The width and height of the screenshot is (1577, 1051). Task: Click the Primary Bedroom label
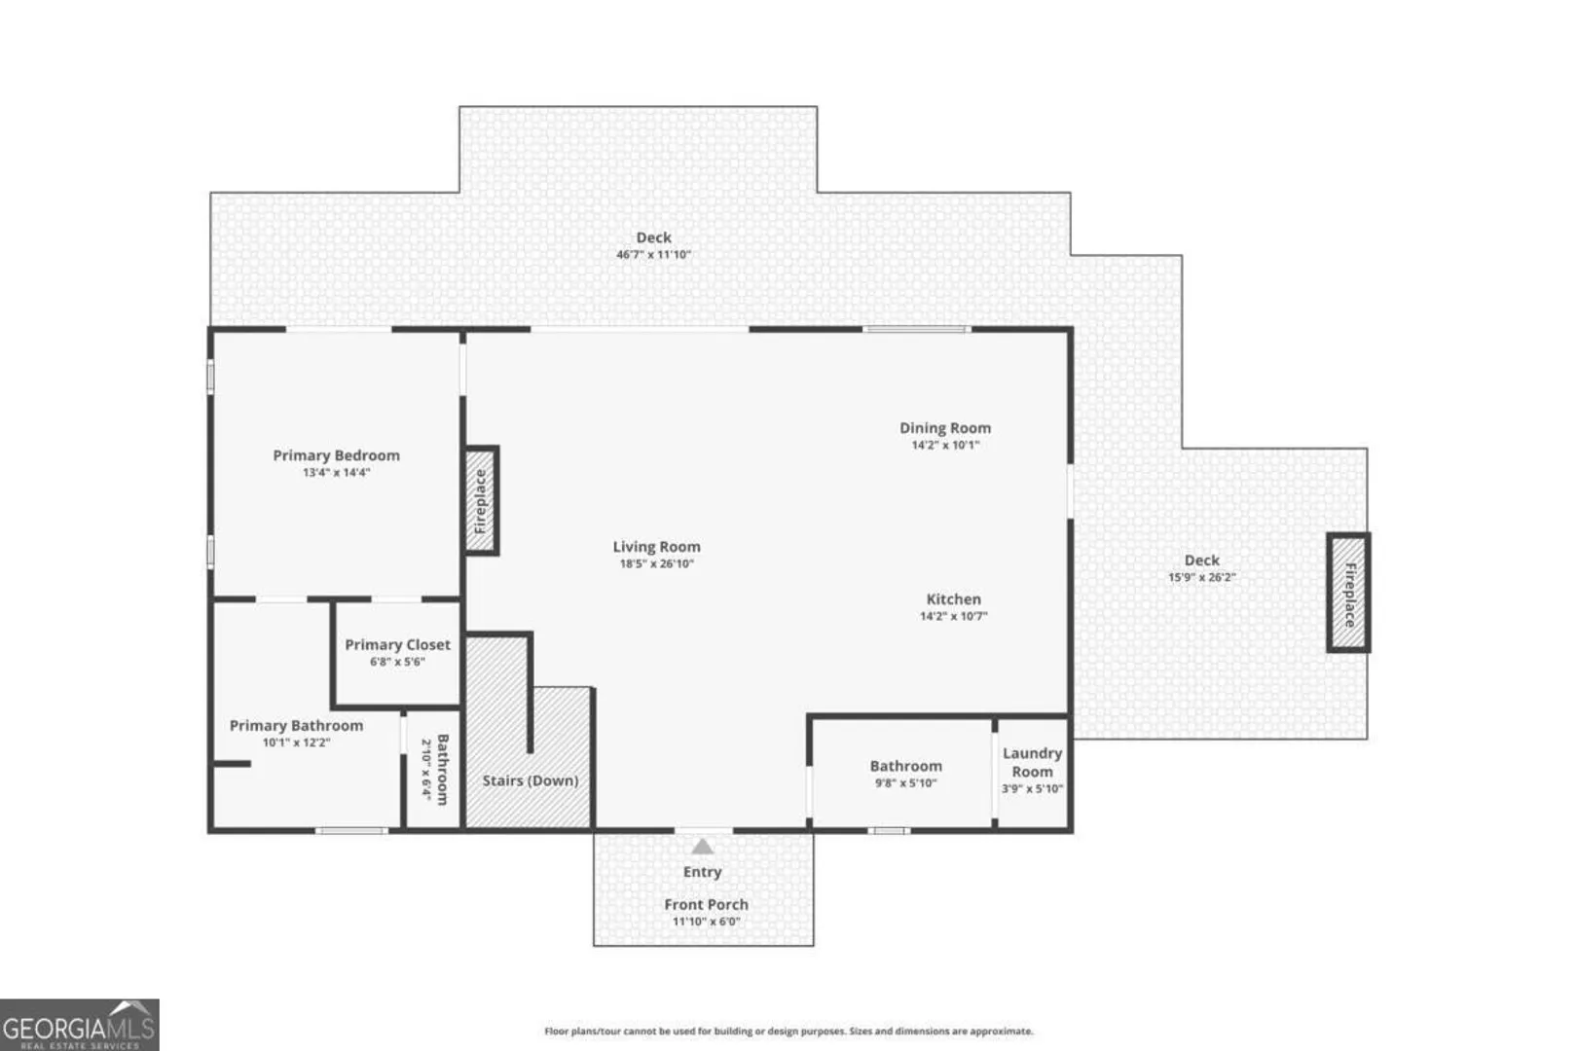[337, 455]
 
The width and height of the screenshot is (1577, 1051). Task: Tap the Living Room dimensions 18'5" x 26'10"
[657, 563]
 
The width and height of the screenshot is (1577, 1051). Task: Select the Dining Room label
[945, 428]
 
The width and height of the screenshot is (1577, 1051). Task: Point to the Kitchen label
[954, 599]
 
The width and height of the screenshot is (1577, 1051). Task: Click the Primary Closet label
[398, 645]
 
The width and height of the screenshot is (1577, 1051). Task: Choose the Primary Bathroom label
[296, 726]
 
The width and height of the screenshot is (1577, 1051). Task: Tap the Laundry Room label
[1033, 762]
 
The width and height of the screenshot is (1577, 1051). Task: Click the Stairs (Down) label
[531, 780]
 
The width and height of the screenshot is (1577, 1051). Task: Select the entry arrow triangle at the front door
[702, 846]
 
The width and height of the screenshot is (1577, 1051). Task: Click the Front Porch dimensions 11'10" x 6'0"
[706, 922]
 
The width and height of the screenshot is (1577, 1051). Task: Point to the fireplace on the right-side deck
[1349, 593]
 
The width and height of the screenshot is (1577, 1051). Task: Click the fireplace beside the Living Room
[482, 500]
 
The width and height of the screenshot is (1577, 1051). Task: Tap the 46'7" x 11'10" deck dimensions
[654, 254]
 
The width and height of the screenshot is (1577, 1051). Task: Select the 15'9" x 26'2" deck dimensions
[1202, 577]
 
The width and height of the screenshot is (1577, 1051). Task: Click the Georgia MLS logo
[80, 1025]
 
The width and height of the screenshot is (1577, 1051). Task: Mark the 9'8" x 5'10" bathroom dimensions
[906, 782]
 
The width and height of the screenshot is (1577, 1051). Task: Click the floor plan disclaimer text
[788, 1032]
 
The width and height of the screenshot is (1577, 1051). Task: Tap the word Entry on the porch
[703, 872]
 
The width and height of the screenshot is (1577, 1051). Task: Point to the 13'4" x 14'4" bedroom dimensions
[337, 472]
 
